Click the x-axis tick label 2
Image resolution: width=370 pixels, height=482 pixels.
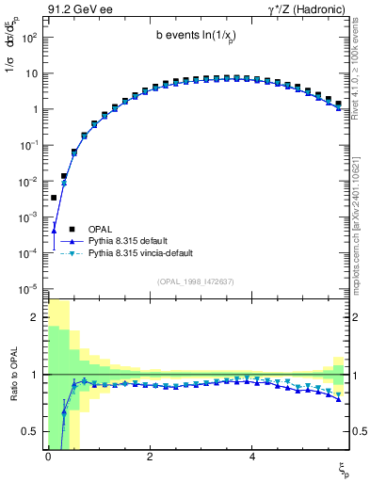(150, 455)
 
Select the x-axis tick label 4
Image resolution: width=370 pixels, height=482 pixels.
(251, 455)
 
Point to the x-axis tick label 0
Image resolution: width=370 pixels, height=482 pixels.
(48, 455)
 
